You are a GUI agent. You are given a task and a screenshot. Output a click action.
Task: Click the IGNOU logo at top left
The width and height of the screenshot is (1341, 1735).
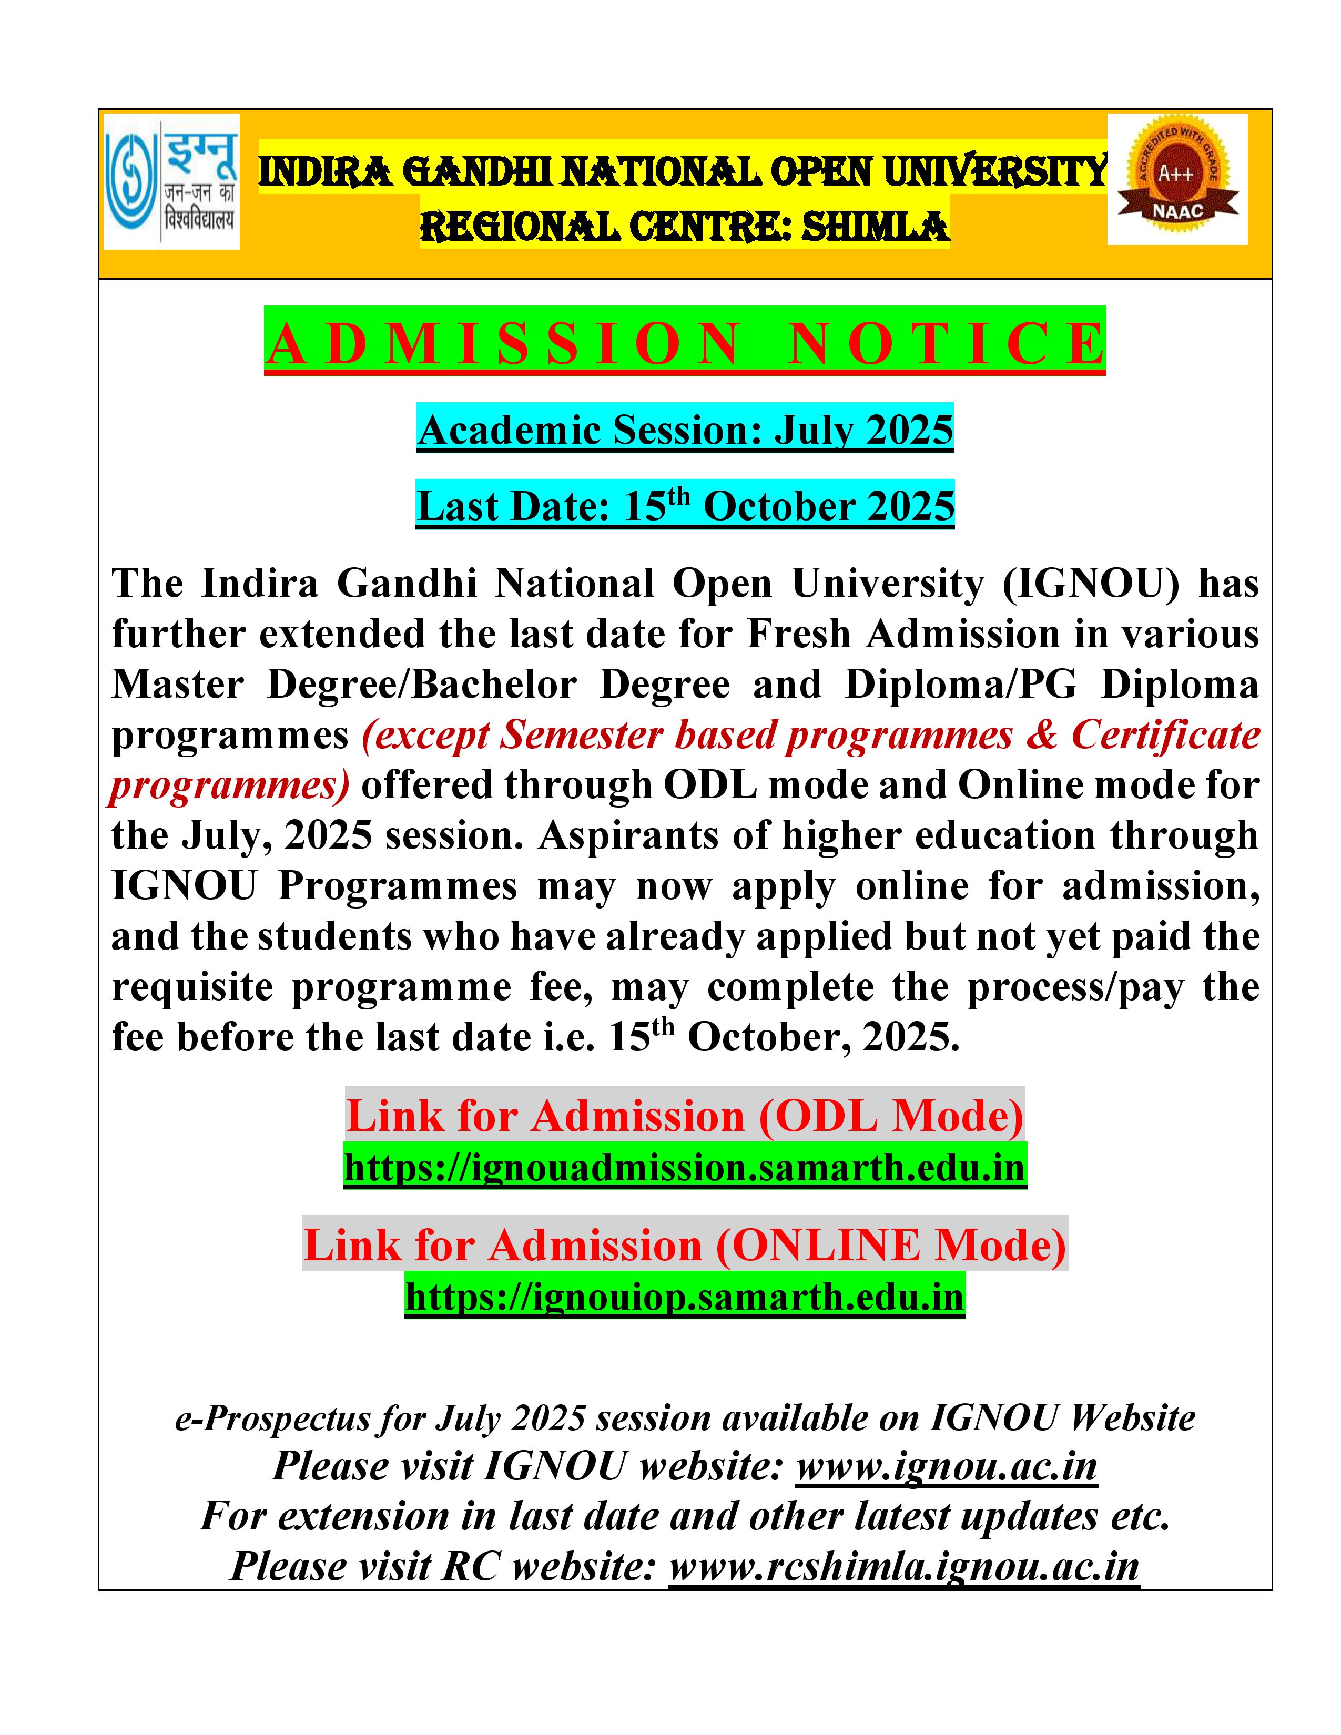pyautogui.click(x=171, y=182)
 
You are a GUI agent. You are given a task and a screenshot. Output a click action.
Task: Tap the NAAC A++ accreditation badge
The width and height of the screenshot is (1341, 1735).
pyautogui.click(x=1176, y=179)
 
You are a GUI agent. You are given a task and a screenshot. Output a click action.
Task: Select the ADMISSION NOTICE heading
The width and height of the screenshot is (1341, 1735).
pyautogui.click(x=685, y=343)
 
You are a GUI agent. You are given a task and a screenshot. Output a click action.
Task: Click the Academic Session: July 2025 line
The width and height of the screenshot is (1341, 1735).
pyautogui.click(x=685, y=431)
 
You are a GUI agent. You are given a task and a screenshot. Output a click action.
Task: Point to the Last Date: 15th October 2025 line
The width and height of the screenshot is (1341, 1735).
pyautogui.click(x=685, y=506)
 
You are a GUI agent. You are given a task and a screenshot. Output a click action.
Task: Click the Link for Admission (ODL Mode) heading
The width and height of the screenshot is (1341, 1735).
pyautogui.click(x=685, y=1116)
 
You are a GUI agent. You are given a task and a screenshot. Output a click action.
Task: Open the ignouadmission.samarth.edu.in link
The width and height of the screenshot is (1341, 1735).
pyautogui.click(x=685, y=1167)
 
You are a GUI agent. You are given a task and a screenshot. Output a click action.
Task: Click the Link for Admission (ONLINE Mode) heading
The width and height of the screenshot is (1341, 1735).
pyautogui.click(x=685, y=1245)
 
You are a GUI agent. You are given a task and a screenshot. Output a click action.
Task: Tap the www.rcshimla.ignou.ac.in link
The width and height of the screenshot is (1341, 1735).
pyautogui.click(x=904, y=1566)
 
